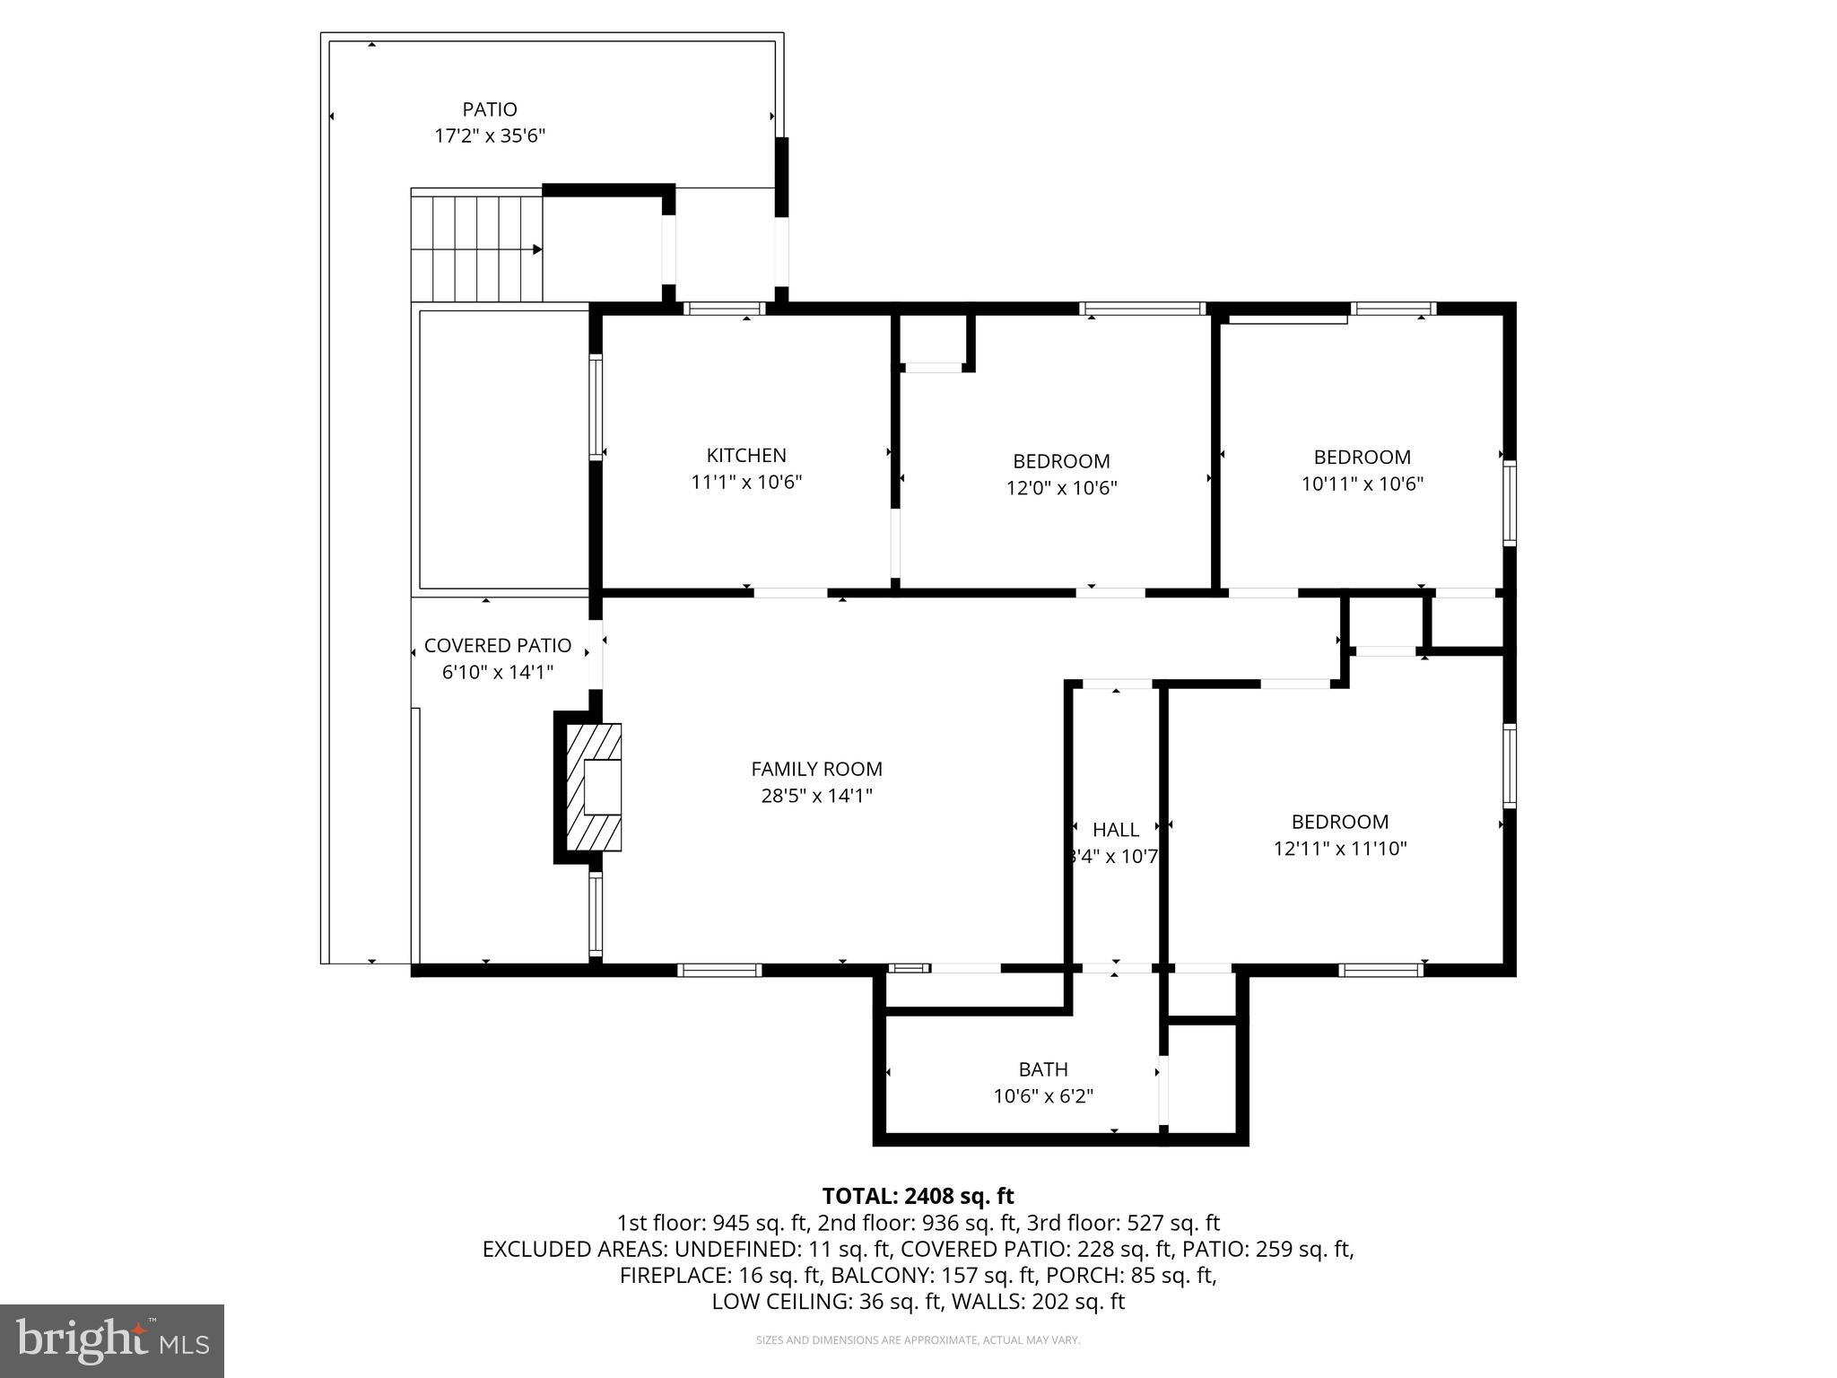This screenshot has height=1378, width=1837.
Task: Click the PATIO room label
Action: pyautogui.click(x=490, y=109)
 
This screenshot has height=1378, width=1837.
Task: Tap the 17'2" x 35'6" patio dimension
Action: pyautogui.click(x=490, y=136)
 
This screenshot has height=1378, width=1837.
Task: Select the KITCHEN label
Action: pyautogui.click(x=746, y=455)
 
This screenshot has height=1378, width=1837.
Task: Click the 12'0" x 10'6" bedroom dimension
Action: pyautogui.click(x=1061, y=488)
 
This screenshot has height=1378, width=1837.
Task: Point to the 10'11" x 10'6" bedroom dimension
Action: pyautogui.click(x=1363, y=484)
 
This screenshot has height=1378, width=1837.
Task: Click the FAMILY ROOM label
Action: pyautogui.click(x=816, y=769)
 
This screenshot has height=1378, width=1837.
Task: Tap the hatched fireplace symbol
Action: pyautogui.click(x=593, y=787)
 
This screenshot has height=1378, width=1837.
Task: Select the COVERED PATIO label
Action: pyautogui.click(x=497, y=645)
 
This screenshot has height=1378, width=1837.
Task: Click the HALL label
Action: pyautogui.click(x=1116, y=830)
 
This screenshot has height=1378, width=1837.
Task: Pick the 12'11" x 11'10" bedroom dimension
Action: pyautogui.click(x=1340, y=849)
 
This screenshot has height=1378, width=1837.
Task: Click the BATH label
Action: pyautogui.click(x=1043, y=1069)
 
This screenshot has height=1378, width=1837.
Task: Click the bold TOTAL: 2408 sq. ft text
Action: pyautogui.click(x=918, y=1196)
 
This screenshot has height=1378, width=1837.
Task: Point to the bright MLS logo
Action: pyautogui.click(x=112, y=1341)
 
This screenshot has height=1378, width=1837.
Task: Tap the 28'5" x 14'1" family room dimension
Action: pyautogui.click(x=816, y=796)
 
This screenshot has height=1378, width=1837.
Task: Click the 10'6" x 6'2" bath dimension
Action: pyautogui.click(x=1043, y=1096)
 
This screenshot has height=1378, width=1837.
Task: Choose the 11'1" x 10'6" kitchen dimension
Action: pyautogui.click(x=746, y=482)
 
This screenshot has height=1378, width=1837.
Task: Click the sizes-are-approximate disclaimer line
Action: pyautogui.click(x=918, y=1340)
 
